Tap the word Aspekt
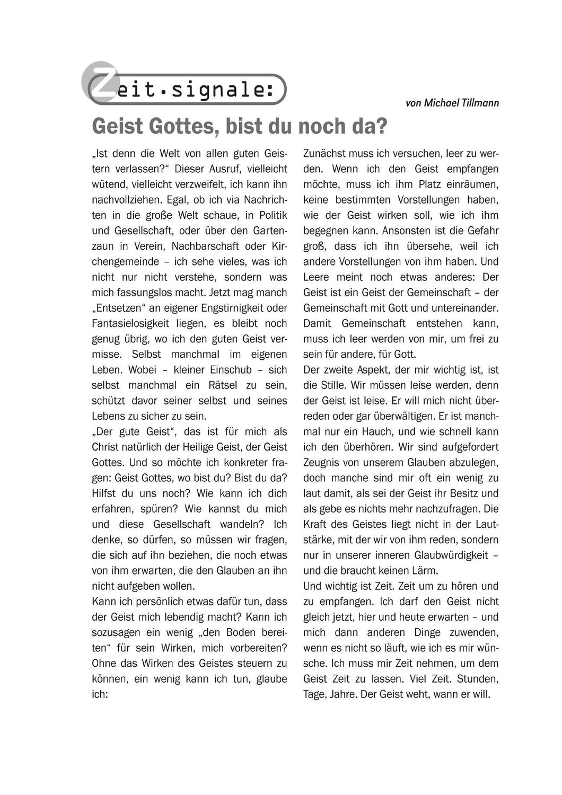pyautogui.click(x=376, y=369)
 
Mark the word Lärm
pyautogui.click(x=425, y=570)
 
